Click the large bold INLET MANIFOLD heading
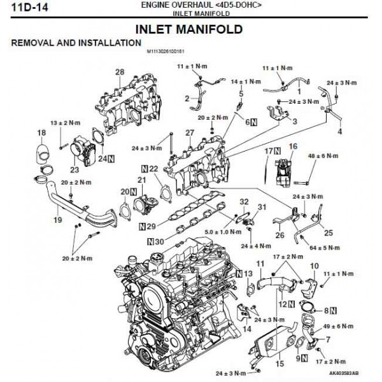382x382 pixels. (189, 29)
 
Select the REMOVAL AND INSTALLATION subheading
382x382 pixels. (75, 43)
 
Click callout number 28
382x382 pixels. (118, 72)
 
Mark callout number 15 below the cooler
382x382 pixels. (278, 365)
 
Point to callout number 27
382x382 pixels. (189, 132)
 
